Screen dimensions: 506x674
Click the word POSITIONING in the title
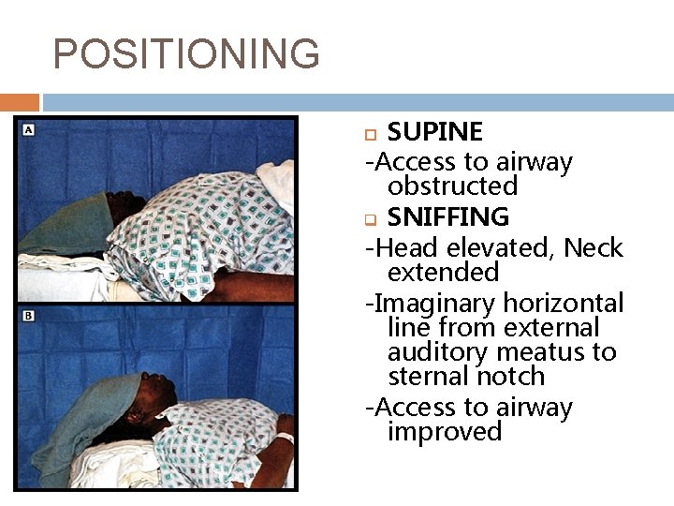click(x=186, y=54)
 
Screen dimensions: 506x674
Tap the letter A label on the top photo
click(x=28, y=129)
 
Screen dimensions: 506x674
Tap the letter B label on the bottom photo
click(x=28, y=316)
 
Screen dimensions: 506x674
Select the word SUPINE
click(x=434, y=131)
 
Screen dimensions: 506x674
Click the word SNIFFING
click(x=447, y=217)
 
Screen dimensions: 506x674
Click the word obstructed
click(x=452, y=186)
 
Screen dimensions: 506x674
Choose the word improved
click(x=445, y=431)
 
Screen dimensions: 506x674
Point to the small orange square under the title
click(x=20, y=102)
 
